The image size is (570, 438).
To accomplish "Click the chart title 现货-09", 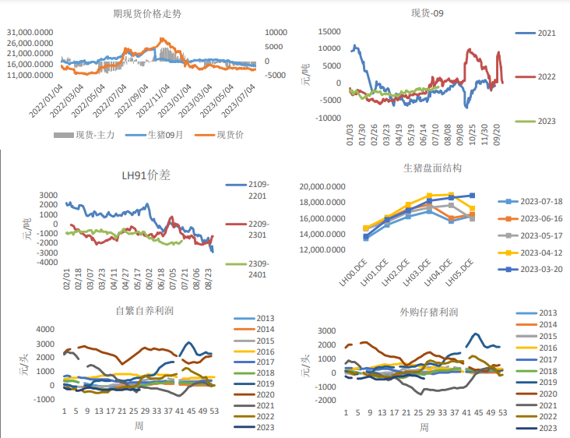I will pyautogui.click(x=429, y=13).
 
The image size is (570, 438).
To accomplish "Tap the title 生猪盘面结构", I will pyautogui.click(x=432, y=168).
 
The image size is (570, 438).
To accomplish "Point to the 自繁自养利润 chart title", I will pyautogui.click(x=145, y=310).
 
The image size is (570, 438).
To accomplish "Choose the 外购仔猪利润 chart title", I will pyautogui.click(x=428, y=313).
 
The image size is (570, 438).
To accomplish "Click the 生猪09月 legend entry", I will pyautogui.click(x=165, y=135).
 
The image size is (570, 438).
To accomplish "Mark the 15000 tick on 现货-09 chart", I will pyautogui.click(x=329, y=31).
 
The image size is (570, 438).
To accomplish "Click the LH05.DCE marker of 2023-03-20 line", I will pyautogui.click(x=472, y=196).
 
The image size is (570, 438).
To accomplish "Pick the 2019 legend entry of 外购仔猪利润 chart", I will pyautogui.click(x=547, y=382).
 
